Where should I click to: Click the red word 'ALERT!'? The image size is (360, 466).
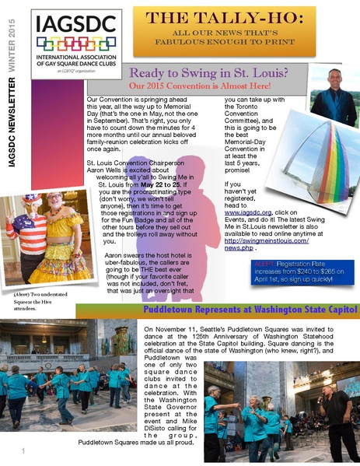click(265, 265)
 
